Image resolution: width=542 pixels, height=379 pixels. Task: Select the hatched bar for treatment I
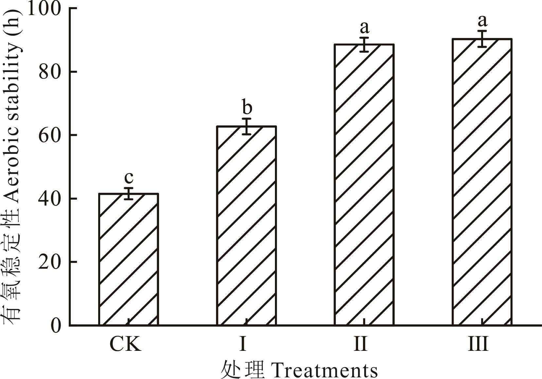(246, 226)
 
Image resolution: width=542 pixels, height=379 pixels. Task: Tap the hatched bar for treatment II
(364, 185)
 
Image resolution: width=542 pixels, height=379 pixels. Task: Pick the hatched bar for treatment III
(482, 182)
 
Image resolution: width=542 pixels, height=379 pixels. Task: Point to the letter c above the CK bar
(129, 177)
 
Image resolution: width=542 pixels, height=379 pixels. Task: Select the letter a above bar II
(364, 27)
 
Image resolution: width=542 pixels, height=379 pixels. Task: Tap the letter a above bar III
(482, 21)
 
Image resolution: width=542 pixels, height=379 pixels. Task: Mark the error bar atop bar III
(482, 39)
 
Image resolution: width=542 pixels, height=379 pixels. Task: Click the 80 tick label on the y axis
(50, 72)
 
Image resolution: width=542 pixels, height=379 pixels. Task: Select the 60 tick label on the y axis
(50, 135)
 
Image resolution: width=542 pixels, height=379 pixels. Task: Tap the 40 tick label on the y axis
(50, 199)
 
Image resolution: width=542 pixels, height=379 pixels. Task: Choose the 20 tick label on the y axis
(50, 262)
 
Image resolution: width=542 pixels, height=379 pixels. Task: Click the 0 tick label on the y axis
(56, 325)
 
